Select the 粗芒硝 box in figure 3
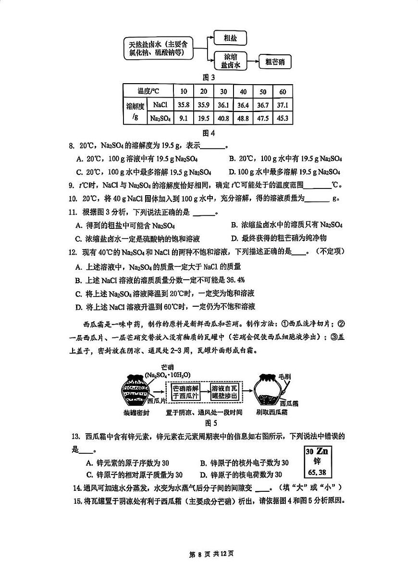pyautogui.click(x=275, y=62)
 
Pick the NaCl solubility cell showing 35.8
pyautogui.click(x=184, y=105)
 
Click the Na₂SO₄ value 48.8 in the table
pyautogui.click(x=243, y=118)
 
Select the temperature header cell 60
pyautogui.click(x=283, y=92)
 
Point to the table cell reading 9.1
pyautogui.click(x=184, y=118)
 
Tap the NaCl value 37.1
pyautogui.click(x=283, y=105)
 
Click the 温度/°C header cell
pyautogui.click(x=148, y=91)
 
